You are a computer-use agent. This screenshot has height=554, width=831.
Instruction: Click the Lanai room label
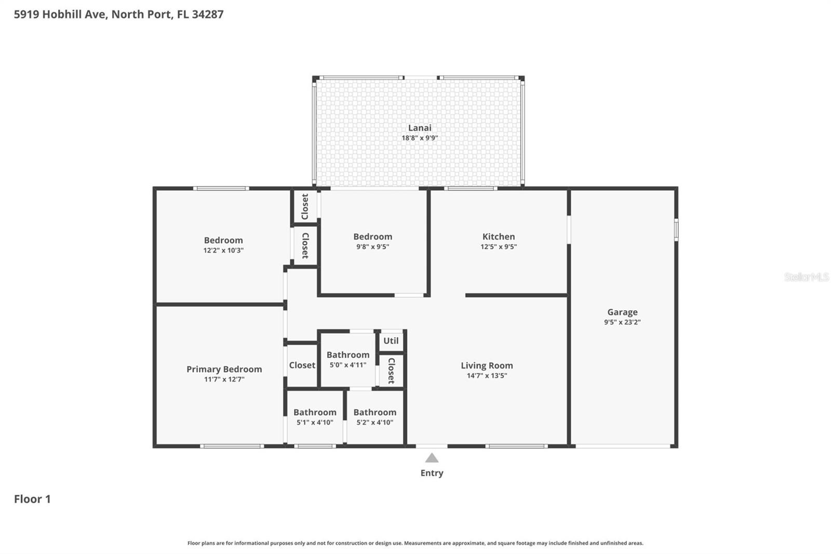[x=419, y=128]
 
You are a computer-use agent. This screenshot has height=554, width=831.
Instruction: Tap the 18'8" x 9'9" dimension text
[x=419, y=138]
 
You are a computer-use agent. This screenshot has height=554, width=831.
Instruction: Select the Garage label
[x=622, y=312]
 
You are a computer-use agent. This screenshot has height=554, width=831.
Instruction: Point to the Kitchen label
[x=498, y=236]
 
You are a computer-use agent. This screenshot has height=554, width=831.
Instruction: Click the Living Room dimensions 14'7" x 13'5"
[x=486, y=376]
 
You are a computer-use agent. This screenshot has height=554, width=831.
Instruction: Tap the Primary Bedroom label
[x=224, y=369]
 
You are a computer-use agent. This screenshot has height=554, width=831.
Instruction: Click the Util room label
[x=391, y=341]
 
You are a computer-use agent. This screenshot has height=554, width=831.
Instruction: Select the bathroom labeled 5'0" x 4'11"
[x=347, y=359]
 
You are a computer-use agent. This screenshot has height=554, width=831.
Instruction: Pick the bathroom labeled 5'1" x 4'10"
[x=315, y=416]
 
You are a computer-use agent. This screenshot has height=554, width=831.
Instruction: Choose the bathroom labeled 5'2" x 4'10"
[x=374, y=416]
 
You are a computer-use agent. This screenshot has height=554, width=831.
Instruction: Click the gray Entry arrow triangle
[x=432, y=458]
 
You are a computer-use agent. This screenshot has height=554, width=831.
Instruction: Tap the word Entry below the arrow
[x=432, y=473]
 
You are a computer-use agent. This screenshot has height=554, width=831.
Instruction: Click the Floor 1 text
[x=32, y=499]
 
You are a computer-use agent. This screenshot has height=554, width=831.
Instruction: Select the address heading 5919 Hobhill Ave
[x=118, y=14]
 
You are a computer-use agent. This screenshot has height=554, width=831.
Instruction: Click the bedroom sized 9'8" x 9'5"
[x=372, y=241]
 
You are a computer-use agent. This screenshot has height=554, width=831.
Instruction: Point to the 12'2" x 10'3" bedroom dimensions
[x=223, y=250]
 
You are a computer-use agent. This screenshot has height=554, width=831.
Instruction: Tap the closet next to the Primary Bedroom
[x=302, y=365]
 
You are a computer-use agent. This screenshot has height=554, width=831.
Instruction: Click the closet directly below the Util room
[x=391, y=370]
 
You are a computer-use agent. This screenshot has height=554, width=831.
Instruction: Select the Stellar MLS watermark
[x=806, y=277]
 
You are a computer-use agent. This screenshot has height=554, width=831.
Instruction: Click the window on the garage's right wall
[x=676, y=229]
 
